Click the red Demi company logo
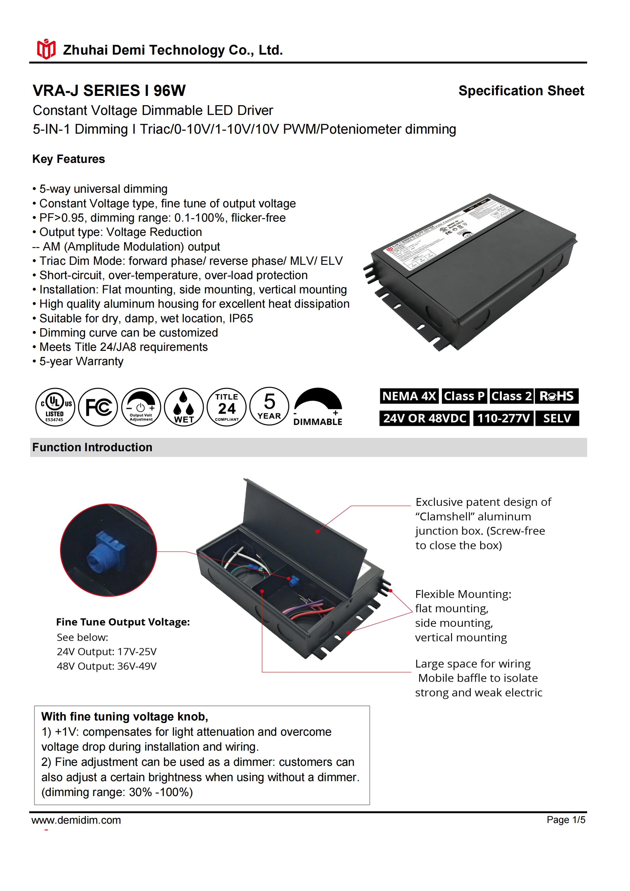point(46,49)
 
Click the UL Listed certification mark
point(55,407)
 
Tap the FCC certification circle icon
point(98,407)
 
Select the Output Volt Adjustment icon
point(141,407)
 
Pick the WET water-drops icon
point(184,407)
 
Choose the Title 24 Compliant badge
point(227,407)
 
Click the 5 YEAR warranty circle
point(269,406)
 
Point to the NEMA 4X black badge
point(409,396)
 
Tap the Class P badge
point(464,396)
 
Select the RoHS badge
point(557,396)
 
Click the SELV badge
point(557,418)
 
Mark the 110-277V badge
point(503,418)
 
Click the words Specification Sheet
point(521,91)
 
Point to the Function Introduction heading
point(92,447)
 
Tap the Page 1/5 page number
point(566,820)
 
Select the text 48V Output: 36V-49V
point(107,666)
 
